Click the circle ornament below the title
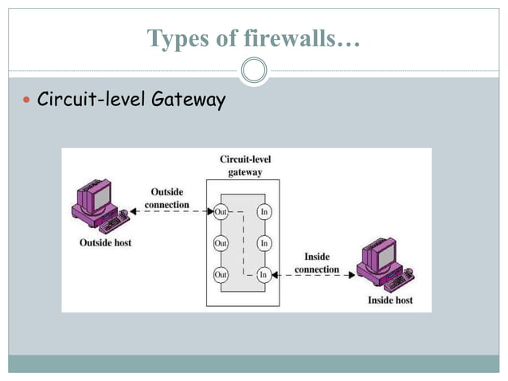click(254, 72)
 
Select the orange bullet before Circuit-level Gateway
click(27, 101)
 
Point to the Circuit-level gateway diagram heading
click(245, 165)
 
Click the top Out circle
click(221, 212)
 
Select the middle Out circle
click(221, 243)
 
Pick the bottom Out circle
click(221, 274)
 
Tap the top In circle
click(264, 212)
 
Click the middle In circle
click(264, 243)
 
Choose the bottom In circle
click(264, 274)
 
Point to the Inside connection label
click(317, 262)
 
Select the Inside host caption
click(389, 300)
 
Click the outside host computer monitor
click(100, 195)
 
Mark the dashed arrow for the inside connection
click(314, 274)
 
